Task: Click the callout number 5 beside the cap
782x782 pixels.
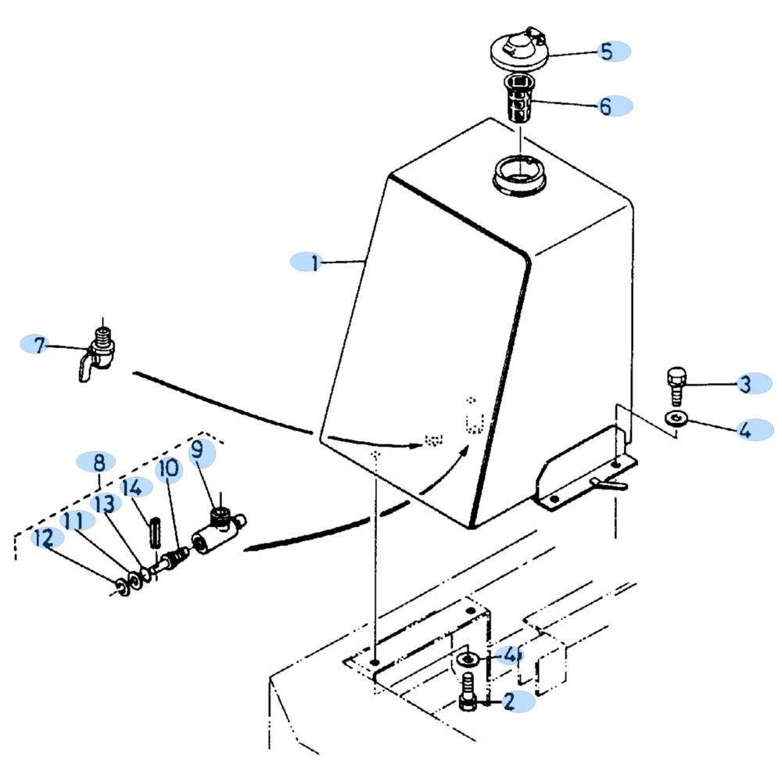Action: click(x=607, y=52)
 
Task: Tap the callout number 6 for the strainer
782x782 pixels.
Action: click(x=605, y=106)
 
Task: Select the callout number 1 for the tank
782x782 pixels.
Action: click(x=314, y=262)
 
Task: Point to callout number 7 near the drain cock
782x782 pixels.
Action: click(x=39, y=345)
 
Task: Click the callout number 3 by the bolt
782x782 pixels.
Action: click(x=745, y=384)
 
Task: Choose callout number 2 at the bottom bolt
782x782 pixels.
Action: click(x=509, y=701)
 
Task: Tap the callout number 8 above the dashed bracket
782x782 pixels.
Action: click(x=99, y=462)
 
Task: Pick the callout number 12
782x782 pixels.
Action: click(x=44, y=539)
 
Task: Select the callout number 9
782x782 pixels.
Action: click(x=198, y=450)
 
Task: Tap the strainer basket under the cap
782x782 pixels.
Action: click(x=519, y=99)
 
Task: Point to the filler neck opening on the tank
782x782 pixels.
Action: click(x=519, y=175)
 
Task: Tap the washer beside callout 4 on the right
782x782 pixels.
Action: click(x=676, y=418)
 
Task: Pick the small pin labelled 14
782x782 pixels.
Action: click(x=154, y=531)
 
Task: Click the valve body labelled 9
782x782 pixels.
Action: click(x=218, y=533)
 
